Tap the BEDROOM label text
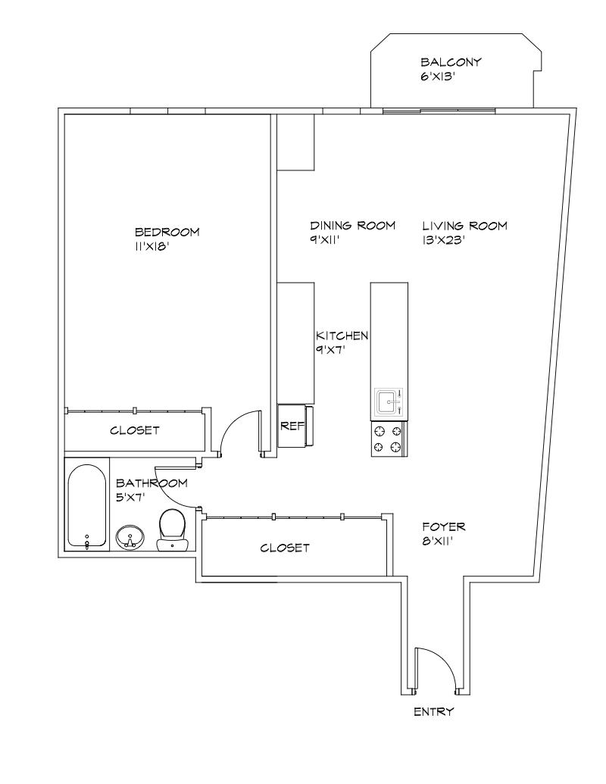tap(167, 232)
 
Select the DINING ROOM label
tap(353, 226)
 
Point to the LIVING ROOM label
tap(464, 226)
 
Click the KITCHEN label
tap(342, 336)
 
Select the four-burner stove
tap(387, 439)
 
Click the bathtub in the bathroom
tap(86, 504)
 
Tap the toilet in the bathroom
tap(173, 529)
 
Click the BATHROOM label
tap(151, 483)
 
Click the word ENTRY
tap(434, 712)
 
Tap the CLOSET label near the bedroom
tap(135, 430)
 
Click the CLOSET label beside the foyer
tap(285, 548)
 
